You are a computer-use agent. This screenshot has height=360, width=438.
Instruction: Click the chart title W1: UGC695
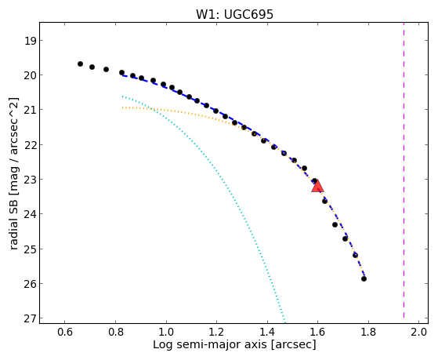coord(234,14)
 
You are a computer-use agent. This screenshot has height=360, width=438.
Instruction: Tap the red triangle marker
coord(317,187)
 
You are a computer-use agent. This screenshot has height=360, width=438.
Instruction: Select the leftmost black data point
coord(80,64)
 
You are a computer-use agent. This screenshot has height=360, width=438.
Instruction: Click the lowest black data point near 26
coord(364,278)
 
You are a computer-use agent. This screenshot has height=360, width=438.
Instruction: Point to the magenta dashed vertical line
coord(404,170)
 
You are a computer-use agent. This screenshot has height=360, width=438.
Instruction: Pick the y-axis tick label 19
coord(30,41)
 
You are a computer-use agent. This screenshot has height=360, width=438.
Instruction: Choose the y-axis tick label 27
coord(30,318)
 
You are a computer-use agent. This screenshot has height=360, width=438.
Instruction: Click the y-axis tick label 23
coord(30,180)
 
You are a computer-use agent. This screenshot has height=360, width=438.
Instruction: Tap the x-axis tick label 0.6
coord(65,332)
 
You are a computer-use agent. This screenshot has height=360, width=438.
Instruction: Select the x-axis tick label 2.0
coord(419,332)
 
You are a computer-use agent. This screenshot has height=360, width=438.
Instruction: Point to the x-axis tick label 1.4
coord(267,332)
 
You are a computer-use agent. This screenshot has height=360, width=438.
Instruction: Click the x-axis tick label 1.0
coord(166,332)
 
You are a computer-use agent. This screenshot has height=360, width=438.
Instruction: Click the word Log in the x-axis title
coord(162,345)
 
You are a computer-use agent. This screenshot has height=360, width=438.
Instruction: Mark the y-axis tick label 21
coord(30,110)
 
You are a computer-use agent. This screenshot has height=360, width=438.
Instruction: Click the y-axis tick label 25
coord(30,249)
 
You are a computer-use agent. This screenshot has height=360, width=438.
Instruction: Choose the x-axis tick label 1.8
coord(368,332)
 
